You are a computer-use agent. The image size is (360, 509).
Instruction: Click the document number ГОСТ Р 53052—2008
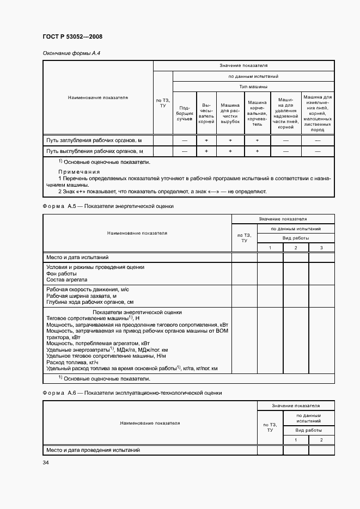(x=72, y=36)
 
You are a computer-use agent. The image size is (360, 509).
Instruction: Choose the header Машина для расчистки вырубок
(x=230, y=113)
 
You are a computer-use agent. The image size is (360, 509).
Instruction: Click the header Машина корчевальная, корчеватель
(x=257, y=113)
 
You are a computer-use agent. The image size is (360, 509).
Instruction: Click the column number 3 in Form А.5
(x=321, y=248)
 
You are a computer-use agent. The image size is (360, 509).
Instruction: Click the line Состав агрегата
(x=67, y=279)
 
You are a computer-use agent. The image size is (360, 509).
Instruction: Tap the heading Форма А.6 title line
(x=132, y=393)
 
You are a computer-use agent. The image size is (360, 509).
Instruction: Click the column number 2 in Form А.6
(x=321, y=439)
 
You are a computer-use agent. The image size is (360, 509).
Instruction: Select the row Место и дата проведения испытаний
(x=93, y=450)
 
